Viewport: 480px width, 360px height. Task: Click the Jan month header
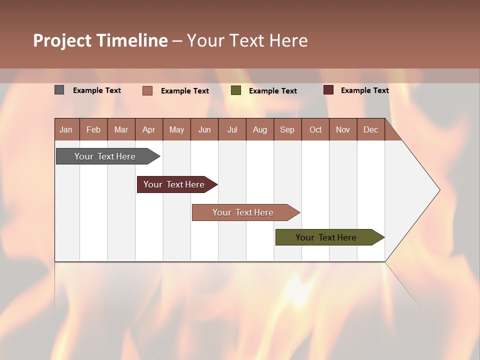(x=66, y=130)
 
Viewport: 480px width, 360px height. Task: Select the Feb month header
(x=93, y=130)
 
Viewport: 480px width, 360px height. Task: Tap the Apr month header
(x=148, y=130)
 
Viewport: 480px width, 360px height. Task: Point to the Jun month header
(x=204, y=130)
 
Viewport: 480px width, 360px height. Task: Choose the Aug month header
(x=259, y=130)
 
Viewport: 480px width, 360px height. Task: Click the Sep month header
(x=287, y=130)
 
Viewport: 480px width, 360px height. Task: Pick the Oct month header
(x=315, y=130)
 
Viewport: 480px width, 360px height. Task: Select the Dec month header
(x=370, y=130)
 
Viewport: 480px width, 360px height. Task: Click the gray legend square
(x=59, y=90)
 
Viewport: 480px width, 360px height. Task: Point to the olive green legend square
(x=236, y=90)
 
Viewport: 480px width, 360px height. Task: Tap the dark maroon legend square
(x=328, y=90)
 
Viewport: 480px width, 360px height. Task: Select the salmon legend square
(x=147, y=90)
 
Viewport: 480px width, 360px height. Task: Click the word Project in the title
(x=62, y=40)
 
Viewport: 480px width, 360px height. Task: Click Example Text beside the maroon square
(x=364, y=90)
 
